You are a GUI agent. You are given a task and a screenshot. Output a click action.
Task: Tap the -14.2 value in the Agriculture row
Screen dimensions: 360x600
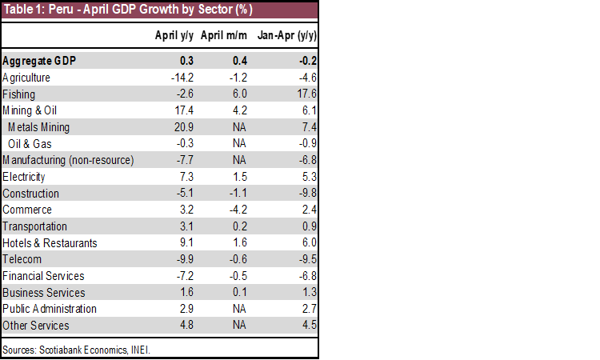coord(183,78)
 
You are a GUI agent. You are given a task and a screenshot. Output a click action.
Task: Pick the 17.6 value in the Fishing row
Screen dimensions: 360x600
coord(308,94)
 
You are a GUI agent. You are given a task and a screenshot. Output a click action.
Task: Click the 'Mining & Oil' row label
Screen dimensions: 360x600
coord(30,110)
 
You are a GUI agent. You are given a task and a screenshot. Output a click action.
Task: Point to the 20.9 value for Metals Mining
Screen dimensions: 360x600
coord(185,127)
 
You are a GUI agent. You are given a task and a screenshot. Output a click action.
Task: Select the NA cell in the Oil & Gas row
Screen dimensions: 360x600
coord(240,144)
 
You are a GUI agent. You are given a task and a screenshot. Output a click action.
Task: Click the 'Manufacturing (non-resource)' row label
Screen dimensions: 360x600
coord(68,160)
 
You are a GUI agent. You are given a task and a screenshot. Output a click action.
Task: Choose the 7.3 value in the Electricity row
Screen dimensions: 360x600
coord(186,177)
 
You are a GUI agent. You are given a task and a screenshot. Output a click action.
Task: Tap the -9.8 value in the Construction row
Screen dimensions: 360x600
coord(306,194)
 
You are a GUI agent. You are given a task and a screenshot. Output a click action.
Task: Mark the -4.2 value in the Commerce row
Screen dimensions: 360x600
coord(239,210)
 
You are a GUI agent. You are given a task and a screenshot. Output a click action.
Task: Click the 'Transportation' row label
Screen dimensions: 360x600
coord(34,226)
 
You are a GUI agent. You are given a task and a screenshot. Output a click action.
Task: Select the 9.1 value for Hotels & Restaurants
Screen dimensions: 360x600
coord(186,243)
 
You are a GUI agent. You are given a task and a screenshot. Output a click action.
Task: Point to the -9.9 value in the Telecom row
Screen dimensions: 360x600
coord(185,259)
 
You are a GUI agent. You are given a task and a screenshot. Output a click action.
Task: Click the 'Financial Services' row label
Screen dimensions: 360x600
coord(43,276)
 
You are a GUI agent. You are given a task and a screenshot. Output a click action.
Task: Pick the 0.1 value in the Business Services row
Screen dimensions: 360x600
coord(240,293)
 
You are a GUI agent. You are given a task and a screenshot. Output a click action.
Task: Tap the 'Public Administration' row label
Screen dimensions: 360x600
coord(50,309)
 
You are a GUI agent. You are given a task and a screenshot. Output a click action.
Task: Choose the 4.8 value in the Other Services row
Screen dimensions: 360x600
coord(186,326)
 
